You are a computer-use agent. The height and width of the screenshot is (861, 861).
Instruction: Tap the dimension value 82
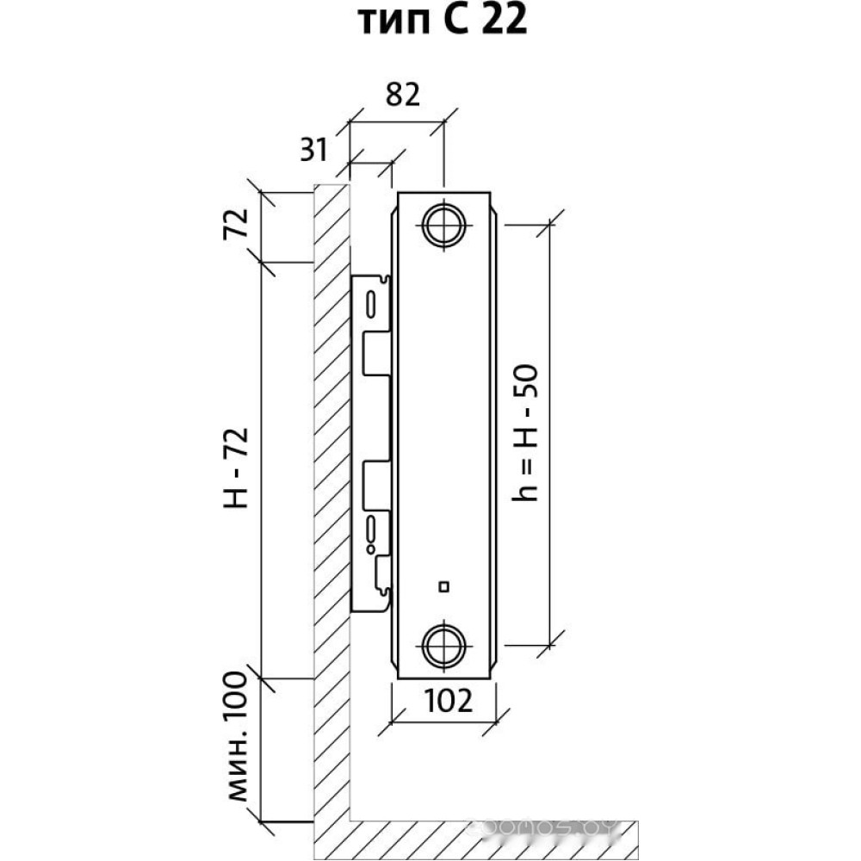[398, 94]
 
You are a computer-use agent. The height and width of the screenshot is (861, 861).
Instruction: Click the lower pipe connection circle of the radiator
[444, 642]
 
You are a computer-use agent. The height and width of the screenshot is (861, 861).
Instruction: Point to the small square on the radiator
[443, 588]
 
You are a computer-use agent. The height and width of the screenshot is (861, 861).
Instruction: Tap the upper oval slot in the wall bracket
[370, 304]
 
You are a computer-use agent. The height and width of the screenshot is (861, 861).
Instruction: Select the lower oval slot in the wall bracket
[371, 526]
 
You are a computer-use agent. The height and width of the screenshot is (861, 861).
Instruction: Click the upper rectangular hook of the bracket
[376, 353]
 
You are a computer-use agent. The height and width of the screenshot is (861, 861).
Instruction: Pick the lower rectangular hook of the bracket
[376, 485]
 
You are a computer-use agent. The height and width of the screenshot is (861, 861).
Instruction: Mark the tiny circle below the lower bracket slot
[370, 548]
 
